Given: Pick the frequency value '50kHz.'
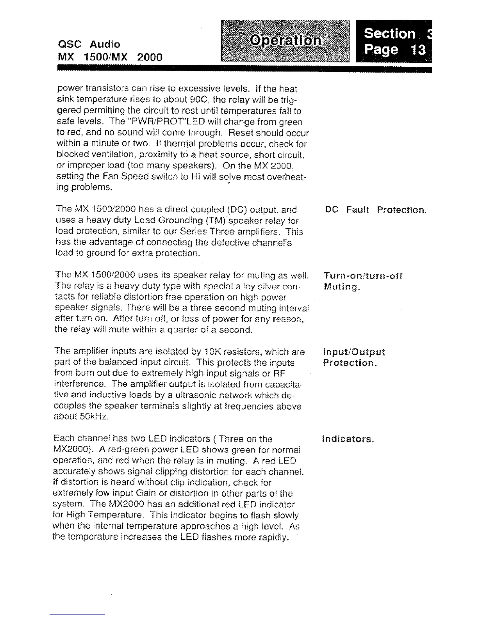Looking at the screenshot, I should [93, 417].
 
